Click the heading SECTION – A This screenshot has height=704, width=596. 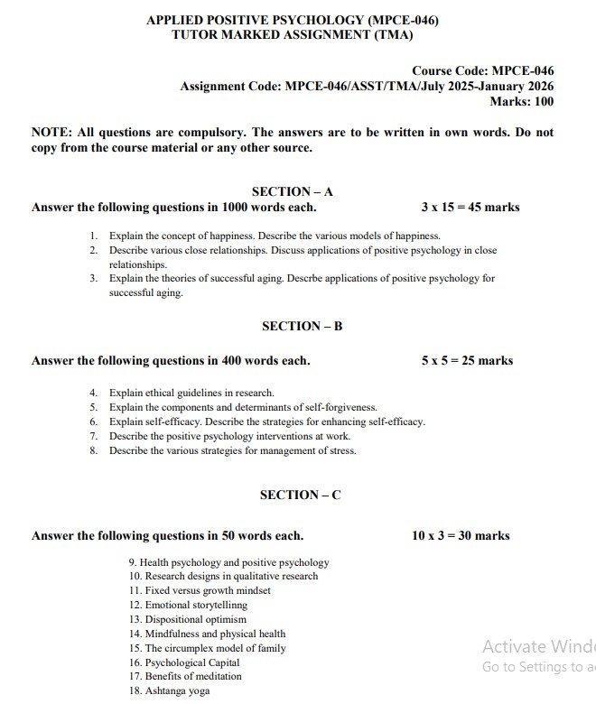pyautogui.click(x=292, y=191)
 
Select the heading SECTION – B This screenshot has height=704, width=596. pyautogui.click(x=302, y=326)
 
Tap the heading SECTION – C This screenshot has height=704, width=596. pyautogui.click(x=300, y=495)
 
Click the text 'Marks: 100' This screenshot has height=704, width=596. pyautogui.click(x=521, y=101)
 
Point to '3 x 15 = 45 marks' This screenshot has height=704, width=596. pyautogui.click(x=470, y=207)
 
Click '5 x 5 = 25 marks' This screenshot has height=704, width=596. pyautogui.click(x=466, y=360)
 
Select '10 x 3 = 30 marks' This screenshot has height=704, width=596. pyautogui.click(x=461, y=535)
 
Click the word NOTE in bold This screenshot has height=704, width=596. pyautogui.click(x=51, y=132)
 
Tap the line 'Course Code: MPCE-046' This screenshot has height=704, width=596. pyautogui.click(x=482, y=70)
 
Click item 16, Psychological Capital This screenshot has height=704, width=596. pyautogui.click(x=184, y=662)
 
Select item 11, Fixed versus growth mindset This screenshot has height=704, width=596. pyautogui.click(x=200, y=590)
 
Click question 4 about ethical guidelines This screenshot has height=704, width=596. pyautogui.click(x=191, y=393)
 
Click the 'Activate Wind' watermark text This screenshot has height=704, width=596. pyautogui.click(x=538, y=646)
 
